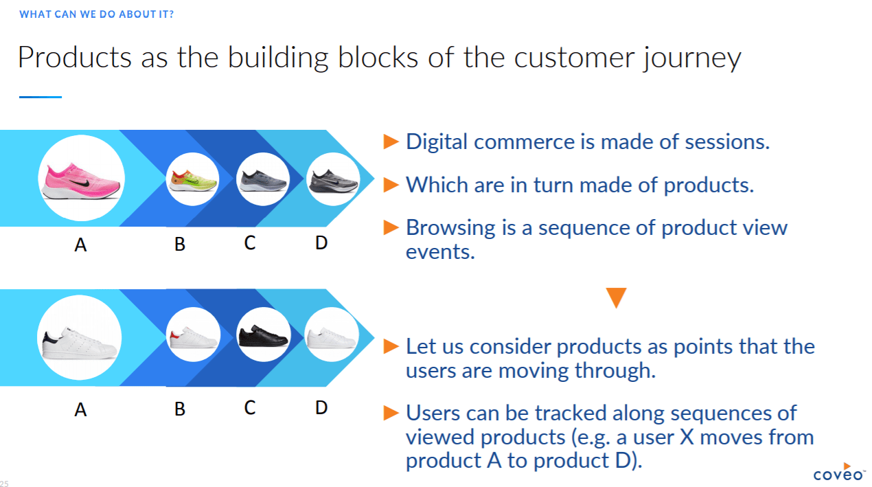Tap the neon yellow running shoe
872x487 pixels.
coord(193,181)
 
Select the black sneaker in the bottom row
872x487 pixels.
coord(262,335)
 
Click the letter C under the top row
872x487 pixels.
coord(250,242)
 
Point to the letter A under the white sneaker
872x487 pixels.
coord(80,410)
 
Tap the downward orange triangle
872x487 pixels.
coord(616,297)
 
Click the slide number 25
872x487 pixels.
coord(5,484)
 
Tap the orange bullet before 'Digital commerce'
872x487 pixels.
coord(391,141)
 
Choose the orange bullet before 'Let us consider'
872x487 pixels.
coord(391,346)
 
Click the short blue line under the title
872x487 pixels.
coord(41,97)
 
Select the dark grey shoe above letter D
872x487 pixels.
coord(333,180)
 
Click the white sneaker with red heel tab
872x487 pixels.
coord(193,337)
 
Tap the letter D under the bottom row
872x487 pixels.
coord(321,407)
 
